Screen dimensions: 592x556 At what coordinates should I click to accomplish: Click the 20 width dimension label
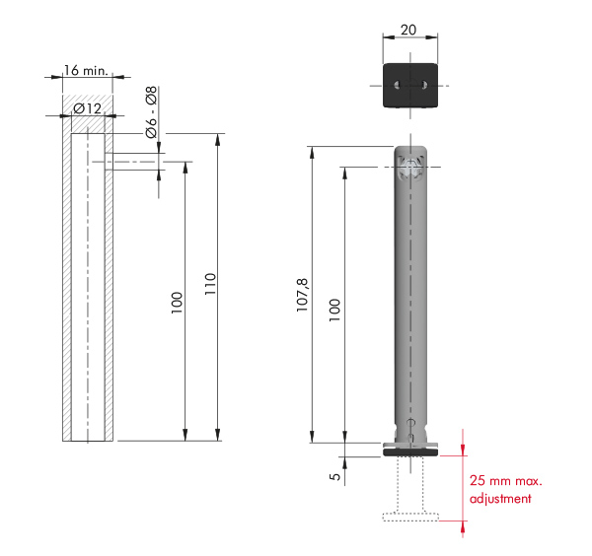tap(408, 30)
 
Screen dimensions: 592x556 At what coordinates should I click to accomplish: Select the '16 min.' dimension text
tap(86, 71)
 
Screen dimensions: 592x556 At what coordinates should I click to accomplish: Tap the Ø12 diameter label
tap(88, 109)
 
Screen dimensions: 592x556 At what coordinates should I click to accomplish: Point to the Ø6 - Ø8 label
tap(151, 112)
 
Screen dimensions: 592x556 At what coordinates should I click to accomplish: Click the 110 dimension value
tap(210, 284)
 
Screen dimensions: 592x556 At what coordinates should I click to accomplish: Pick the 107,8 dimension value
tap(303, 295)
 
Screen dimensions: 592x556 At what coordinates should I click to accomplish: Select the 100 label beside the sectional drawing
tap(177, 303)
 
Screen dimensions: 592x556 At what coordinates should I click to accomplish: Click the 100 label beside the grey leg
tap(334, 311)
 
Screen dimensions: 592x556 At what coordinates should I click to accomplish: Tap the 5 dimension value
tap(334, 476)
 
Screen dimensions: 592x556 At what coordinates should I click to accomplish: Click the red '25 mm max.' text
tap(506, 480)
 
